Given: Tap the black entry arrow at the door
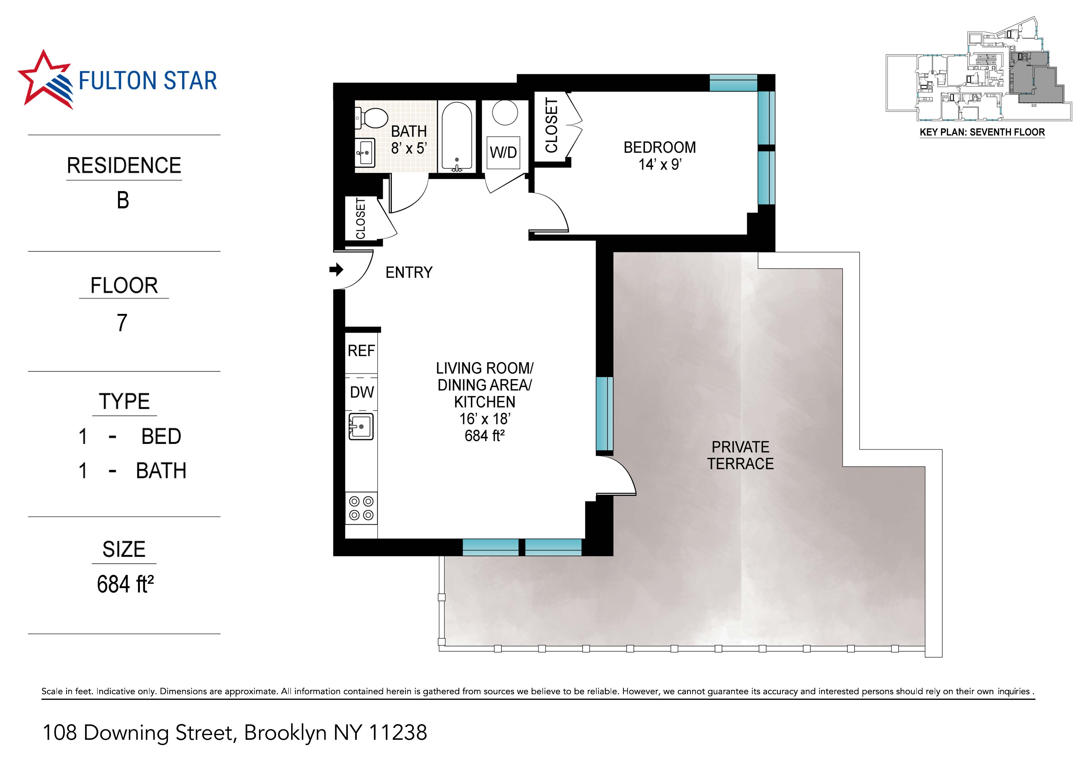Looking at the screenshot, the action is point(336,269).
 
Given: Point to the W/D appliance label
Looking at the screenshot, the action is point(503,152).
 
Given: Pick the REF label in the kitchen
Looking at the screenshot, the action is point(361,351).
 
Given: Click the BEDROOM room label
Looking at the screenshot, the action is point(660,148).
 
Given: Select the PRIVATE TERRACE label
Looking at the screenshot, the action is point(740,455).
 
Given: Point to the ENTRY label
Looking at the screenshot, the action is point(409,272).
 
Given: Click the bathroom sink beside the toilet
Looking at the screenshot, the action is point(365,152).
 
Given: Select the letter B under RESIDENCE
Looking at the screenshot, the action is point(123,200).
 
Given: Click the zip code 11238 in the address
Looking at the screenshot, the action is point(398,733).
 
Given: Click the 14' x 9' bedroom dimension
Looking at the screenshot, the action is point(660,165).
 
